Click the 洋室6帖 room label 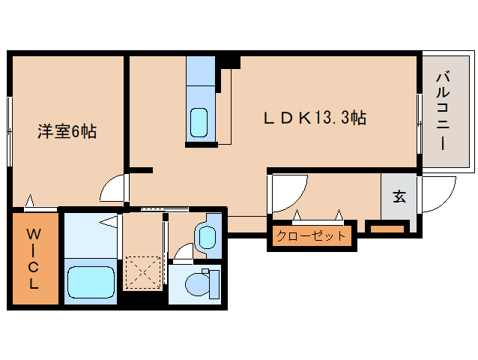(67, 131)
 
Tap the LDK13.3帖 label (315, 118)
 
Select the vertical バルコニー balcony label (443, 110)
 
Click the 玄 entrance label (399, 196)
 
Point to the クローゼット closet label (311, 235)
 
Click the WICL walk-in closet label (34, 259)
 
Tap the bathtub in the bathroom (91, 282)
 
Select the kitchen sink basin (199, 122)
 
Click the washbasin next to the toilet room (207, 237)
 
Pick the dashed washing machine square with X (143, 272)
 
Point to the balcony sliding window (420, 124)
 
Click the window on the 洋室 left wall (10, 132)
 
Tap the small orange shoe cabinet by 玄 (387, 229)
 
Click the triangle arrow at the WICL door (29, 200)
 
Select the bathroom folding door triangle (109, 221)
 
